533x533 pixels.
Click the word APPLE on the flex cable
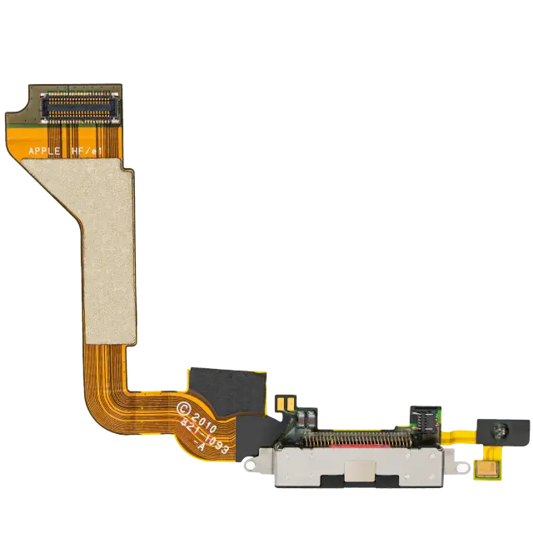click(x=44, y=151)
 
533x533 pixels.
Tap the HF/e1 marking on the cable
click(x=87, y=152)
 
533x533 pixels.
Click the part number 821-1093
click(x=203, y=437)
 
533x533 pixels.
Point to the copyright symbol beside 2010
click(x=183, y=409)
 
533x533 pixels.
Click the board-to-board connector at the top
click(x=80, y=107)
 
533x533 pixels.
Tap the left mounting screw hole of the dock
click(x=251, y=466)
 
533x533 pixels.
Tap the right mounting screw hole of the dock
click(x=462, y=467)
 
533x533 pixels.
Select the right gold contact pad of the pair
click(x=291, y=405)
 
